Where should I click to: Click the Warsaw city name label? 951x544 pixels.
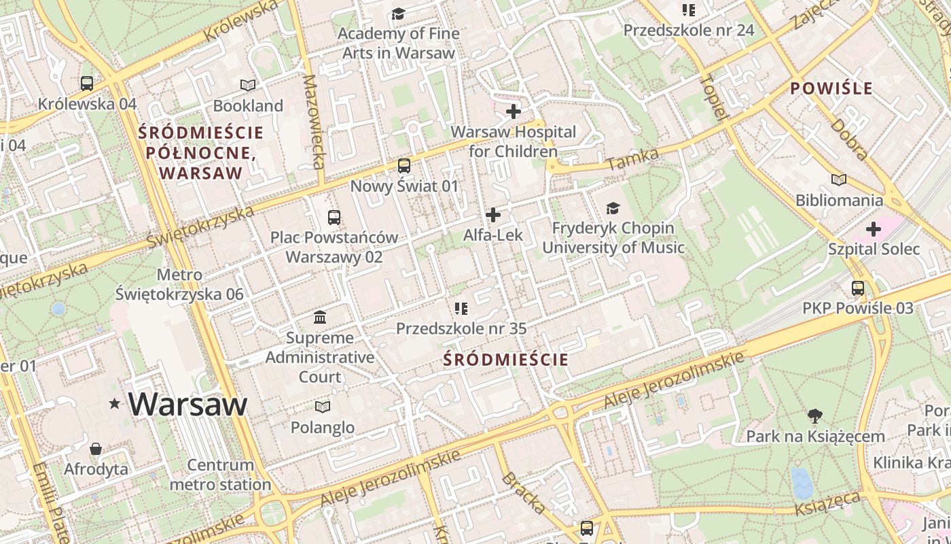[x=187, y=404]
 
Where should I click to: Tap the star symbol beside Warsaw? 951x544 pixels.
[x=115, y=404]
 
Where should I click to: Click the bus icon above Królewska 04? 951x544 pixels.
[x=87, y=84]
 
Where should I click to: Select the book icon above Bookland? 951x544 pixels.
[x=248, y=86]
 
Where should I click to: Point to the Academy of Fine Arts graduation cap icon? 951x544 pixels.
[x=398, y=14]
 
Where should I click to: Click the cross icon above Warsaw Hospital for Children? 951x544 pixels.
[x=514, y=112]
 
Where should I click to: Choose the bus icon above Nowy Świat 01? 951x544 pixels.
[x=404, y=166]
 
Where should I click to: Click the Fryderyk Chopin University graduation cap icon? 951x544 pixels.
[x=613, y=208]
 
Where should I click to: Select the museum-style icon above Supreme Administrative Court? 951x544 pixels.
[x=320, y=318]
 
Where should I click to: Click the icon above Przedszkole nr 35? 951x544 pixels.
[x=461, y=309]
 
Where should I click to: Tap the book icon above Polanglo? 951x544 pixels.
[x=323, y=407]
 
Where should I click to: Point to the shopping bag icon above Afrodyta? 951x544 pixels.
[x=96, y=449]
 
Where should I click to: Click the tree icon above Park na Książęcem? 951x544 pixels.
[x=815, y=415]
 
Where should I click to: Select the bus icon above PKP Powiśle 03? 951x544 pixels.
[x=858, y=288]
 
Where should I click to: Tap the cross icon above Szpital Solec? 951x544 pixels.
[x=874, y=229]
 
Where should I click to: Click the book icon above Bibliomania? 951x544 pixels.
[x=840, y=180]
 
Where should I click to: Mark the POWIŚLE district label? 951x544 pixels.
[x=831, y=88]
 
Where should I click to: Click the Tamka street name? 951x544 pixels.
[x=632, y=160]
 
